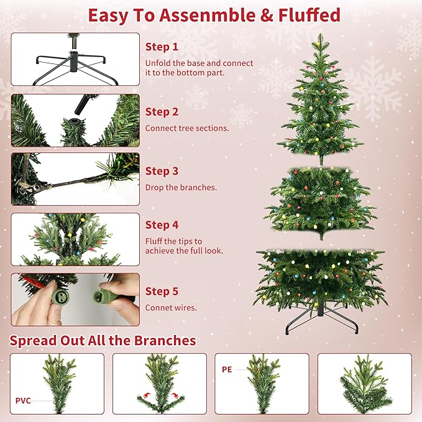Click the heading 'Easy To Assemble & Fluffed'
pos(214,15)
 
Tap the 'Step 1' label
pos(162,47)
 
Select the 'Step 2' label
pos(162,112)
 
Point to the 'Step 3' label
pos(162,171)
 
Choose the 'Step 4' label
pos(162,225)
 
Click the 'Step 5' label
pos(162,291)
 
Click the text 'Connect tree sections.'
pos(187,128)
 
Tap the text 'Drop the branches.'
pos(181,187)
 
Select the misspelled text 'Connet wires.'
pos(171,308)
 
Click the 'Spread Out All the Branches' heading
pos(103,341)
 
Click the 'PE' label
pos(227,369)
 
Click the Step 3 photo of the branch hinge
pos(75,179)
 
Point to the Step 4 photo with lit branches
pos(75,239)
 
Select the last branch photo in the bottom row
pos(364,383)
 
